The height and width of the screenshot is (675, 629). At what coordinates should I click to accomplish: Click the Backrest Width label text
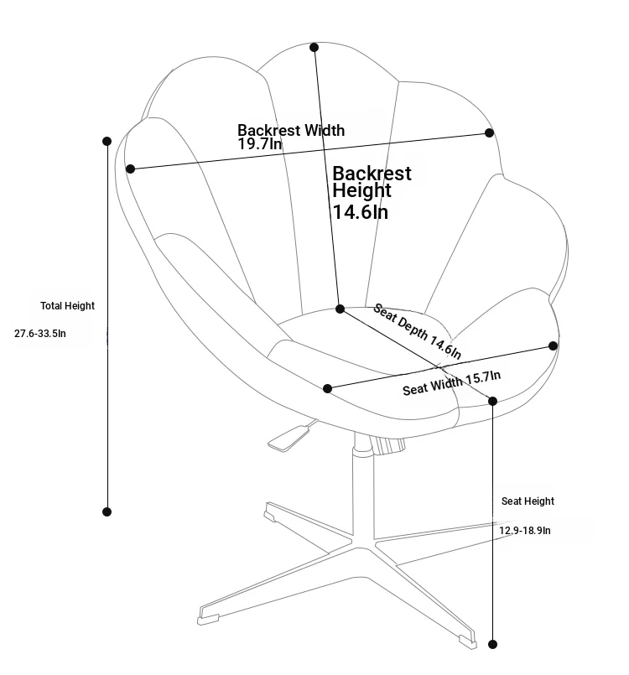point(291,130)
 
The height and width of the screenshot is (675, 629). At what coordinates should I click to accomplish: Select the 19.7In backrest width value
point(260,143)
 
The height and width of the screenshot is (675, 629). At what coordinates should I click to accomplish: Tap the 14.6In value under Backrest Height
point(361,212)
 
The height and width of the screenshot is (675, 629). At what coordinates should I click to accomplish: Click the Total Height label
point(67,306)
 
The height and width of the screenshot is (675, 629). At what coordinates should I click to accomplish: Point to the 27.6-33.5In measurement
point(40,333)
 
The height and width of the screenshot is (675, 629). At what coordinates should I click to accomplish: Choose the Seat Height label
point(528,501)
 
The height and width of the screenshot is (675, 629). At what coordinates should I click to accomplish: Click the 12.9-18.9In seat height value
point(525,530)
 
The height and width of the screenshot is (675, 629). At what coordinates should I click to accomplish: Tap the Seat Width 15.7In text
point(452,382)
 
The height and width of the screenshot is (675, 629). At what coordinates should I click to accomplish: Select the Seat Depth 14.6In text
point(417,330)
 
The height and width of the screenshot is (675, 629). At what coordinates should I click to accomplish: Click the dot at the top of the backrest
point(314,47)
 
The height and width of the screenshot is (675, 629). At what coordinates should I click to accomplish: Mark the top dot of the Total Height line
point(107,141)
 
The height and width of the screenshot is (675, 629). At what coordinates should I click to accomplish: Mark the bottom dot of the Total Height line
point(107,511)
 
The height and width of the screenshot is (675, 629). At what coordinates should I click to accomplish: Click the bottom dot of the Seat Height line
point(493,645)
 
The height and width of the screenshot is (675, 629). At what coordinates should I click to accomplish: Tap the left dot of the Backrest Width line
point(131,169)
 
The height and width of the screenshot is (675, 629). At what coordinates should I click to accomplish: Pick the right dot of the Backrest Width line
point(489,133)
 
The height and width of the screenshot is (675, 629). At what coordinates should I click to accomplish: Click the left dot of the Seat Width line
point(328,389)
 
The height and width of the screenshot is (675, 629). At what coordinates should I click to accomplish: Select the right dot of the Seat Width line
point(554,345)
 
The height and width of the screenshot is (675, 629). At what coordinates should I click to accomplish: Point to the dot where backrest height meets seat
point(340,309)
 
